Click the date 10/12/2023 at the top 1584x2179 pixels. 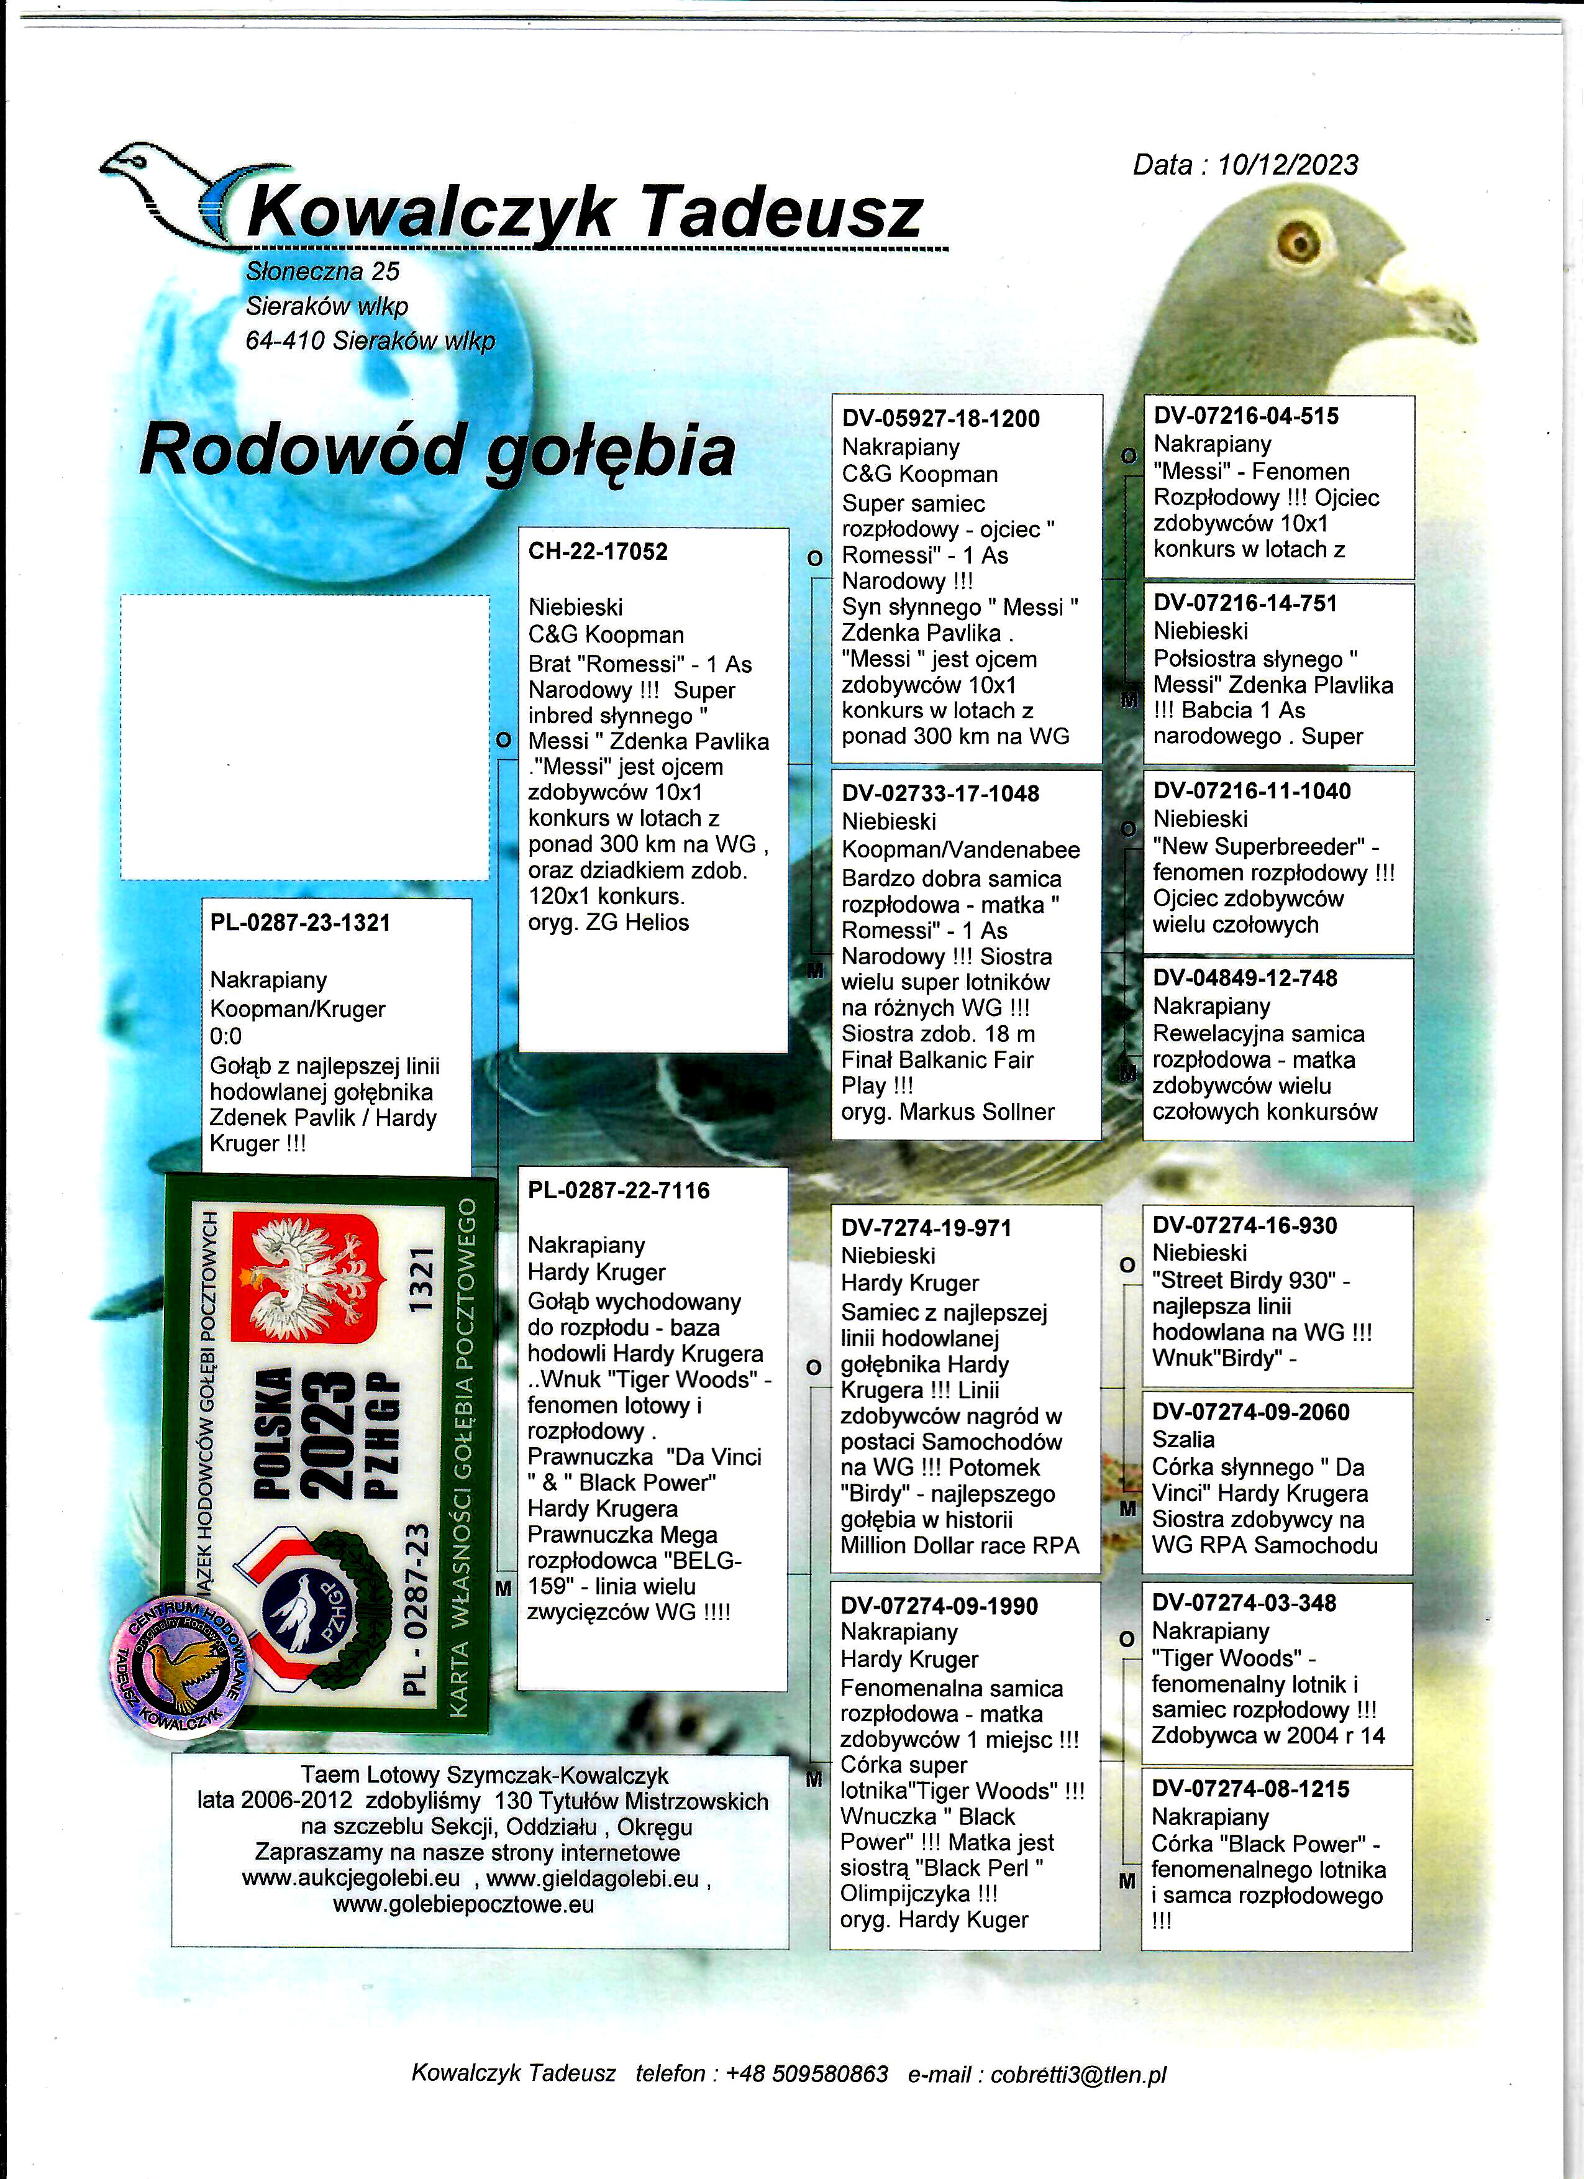(x=1287, y=165)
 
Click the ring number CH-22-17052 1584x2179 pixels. (x=598, y=552)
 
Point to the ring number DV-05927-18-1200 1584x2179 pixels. (x=940, y=419)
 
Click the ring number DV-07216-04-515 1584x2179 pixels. (x=1246, y=416)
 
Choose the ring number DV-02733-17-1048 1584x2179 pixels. (x=939, y=793)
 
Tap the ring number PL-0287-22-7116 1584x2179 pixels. (x=617, y=1190)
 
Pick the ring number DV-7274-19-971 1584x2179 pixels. (x=925, y=1227)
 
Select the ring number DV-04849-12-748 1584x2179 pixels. (x=1245, y=978)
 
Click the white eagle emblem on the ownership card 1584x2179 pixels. (x=304, y=1279)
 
